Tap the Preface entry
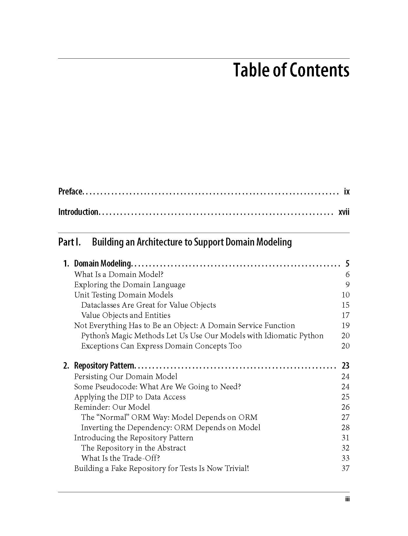(x=71, y=192)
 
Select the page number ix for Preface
(x=347, y=192)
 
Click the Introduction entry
(x=78, y=212)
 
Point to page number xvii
(x=344, y=212)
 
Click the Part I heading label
(x=70, y=242)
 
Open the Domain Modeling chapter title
(x=102, y=264)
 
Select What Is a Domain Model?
(x=119, y=274)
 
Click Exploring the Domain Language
(x=130, y=285)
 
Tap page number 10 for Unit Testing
(x=345, y=295)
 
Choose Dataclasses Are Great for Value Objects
(x=148, y=305)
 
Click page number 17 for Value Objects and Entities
(x=345, y=315)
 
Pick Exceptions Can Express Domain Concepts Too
(x=161, y=346)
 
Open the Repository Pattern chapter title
(x=104, y=366)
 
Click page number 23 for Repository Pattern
(x=345, y=366)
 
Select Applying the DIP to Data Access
(x=130, y=397)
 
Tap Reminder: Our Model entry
(x=112, y=407)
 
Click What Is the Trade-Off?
(x=121, y=458)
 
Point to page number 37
(x=345, y=468)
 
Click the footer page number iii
(x=347, y=499)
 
